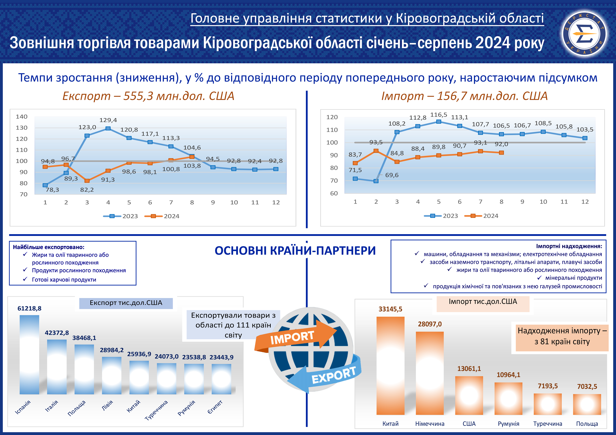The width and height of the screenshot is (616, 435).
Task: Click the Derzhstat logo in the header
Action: point(584,34)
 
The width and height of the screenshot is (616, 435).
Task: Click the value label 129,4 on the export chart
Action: point(108,120)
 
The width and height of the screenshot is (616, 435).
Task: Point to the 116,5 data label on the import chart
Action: point(439,115)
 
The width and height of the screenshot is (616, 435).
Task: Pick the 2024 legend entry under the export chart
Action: point(162,216)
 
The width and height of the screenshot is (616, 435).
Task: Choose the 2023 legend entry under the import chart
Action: point(441,216)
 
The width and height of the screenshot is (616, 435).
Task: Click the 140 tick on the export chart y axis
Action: point(22,117)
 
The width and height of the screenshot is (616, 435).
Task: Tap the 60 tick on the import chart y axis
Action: point(334,193)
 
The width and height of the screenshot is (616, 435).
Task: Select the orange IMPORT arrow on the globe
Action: point(295,337)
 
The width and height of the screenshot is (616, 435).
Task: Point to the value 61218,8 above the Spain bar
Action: point(30,309)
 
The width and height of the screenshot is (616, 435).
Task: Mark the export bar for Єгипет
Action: point(221,379)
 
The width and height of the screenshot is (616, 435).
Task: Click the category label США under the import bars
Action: point(469,424)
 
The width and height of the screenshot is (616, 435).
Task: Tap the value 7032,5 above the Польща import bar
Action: point(587,386)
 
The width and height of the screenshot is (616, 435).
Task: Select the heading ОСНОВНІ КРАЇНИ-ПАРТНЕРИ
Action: point(295,251)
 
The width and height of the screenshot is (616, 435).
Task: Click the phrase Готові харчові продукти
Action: point(64,280)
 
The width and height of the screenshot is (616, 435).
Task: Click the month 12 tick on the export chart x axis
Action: point(276,202)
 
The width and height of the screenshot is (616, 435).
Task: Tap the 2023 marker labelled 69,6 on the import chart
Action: point(376,181)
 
